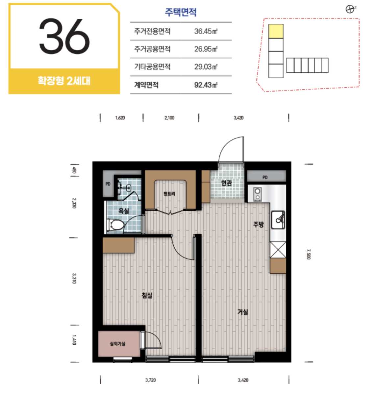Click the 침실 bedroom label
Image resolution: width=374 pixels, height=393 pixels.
(147, 295)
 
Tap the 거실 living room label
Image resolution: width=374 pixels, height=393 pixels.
(243, 312)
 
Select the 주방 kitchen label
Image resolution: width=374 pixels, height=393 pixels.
(259, 224)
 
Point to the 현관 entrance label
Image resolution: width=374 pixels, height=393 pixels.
(227, 183)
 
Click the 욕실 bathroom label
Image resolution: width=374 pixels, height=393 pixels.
(124, 211)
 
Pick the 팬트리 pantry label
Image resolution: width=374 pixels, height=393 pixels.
(169, 194)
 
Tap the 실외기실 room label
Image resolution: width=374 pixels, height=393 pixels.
(117, 344)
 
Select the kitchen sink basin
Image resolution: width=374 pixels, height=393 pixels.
(278, 220)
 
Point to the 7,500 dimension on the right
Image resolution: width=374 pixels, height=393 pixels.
(309, 254)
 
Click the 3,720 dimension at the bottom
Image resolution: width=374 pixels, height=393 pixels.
(150, 380)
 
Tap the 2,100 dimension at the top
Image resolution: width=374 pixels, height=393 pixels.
(169, 118)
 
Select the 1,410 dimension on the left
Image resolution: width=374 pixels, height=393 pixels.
(74, 340)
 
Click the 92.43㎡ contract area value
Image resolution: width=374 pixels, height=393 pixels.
(206, 85)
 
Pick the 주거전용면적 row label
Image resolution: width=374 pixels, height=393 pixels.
(152, 31)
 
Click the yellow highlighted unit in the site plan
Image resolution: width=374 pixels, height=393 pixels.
(276, 31)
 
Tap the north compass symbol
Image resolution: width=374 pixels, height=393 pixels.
(350, 10)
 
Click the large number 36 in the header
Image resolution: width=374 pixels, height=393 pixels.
(64, 36)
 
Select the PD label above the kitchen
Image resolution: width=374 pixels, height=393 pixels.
(265, 178)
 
